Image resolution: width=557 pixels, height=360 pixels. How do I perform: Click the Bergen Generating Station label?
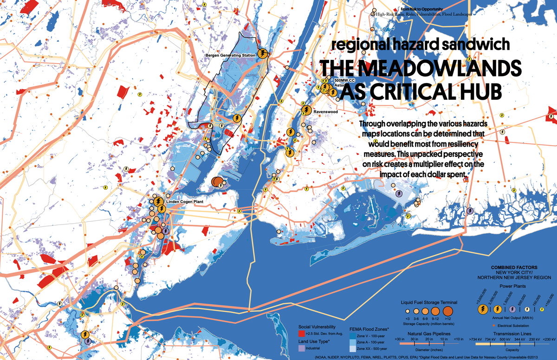pos(230,56)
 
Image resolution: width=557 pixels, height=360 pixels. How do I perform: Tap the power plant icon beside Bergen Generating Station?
pos(263,53)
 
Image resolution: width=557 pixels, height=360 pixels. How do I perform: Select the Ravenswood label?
pos(325,112)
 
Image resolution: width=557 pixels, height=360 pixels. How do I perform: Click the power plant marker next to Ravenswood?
pos(306,110)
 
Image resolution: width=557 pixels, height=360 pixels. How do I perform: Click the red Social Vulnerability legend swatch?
pos(301,334)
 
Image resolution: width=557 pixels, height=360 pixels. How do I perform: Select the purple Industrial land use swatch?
pos(301,348)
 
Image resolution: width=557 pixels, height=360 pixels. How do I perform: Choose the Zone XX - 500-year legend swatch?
pos(352,348)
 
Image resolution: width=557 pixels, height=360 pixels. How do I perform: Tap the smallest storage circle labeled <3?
pos(407,311)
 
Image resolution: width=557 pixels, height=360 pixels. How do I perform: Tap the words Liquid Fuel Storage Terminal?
pos(429,302)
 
